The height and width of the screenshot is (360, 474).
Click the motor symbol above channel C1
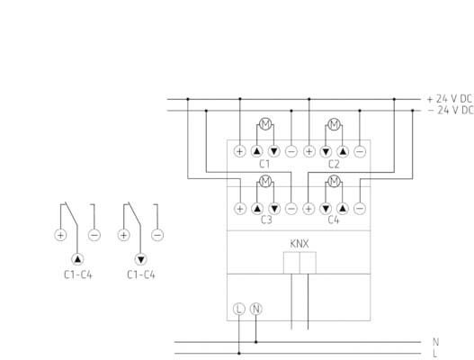[265, 123]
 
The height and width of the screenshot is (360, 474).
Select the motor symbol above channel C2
[334, 124]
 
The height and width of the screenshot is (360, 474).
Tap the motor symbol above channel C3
[265, 181]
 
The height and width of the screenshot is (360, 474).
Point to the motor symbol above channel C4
[334, 181]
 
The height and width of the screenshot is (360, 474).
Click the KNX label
[300, 244]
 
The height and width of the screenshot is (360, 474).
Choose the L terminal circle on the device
[239, 309]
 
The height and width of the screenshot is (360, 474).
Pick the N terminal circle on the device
[256, 309]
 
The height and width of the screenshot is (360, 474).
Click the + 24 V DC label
[450, 99]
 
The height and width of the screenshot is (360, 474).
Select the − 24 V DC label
[451, 110]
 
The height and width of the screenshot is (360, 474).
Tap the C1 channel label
[264, 164]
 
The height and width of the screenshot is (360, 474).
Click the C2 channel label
[334, 165]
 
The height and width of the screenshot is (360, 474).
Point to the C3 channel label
[266, 220]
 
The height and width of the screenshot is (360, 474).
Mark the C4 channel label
[334, 220]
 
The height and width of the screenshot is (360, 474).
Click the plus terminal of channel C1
[240, 151]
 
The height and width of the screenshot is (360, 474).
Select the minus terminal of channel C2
[360, 151]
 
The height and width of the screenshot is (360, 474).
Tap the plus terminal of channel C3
[240, 209]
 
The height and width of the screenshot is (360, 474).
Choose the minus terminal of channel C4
[360, 209]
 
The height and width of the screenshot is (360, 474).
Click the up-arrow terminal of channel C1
[257, 151]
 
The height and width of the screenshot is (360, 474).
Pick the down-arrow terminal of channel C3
[274, 209]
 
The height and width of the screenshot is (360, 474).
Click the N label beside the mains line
[435, 342]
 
